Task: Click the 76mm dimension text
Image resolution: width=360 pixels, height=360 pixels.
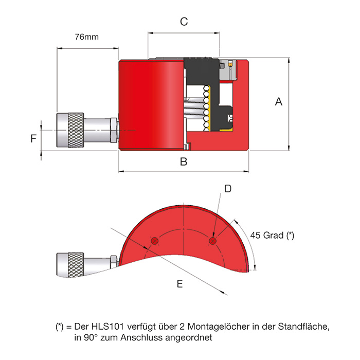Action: (x=86, y=37)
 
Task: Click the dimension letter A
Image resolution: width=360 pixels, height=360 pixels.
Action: (x=279, y=102)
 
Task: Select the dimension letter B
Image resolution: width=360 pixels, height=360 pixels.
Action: (x=184, y=163)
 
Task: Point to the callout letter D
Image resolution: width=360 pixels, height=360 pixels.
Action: (x=228, y=189)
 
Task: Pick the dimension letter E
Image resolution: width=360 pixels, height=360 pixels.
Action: (x=179, y=283)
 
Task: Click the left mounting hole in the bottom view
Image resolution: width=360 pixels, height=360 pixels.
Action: (x=155, y=241)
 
